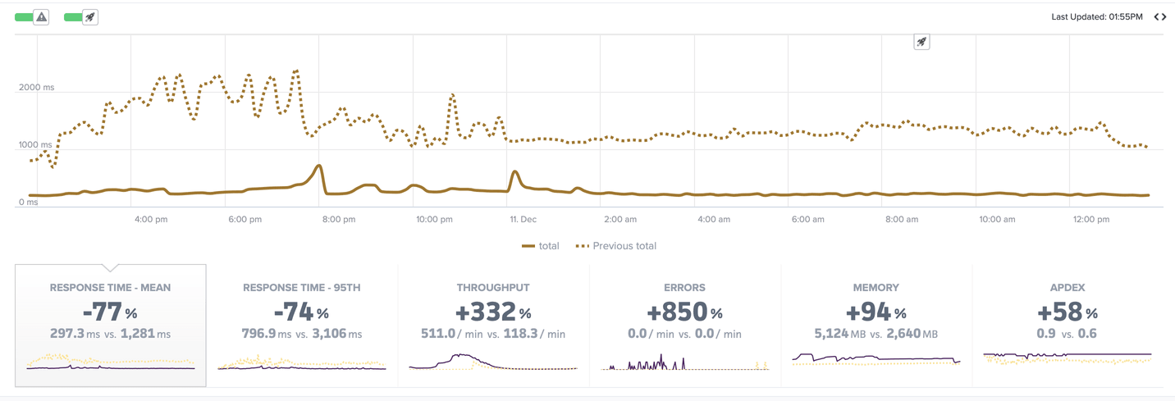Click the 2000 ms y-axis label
(x=37, y=87)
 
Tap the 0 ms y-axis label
(x=29, y=202)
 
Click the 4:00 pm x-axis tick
(x=150, y=220)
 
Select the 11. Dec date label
(x=523, y=220)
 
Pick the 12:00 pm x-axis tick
(x=1091, y=220)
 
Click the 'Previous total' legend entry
(x=616, y=246)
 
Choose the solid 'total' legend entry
(x=541, y=246)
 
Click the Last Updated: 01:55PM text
(x=1096, y=16)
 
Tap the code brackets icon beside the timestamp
(x=1160, y=16)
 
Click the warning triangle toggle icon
(x=41, y=16)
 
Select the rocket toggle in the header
(x=90, y=16)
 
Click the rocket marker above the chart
(x=921, y=42)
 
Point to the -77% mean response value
(x=110, y=312)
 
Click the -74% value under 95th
(x=301, y=312)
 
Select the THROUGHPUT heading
(x=493, y=288)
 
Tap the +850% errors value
(x=685, y=312)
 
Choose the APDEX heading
(x=1068, y=288)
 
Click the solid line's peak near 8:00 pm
(x=319, y=166)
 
